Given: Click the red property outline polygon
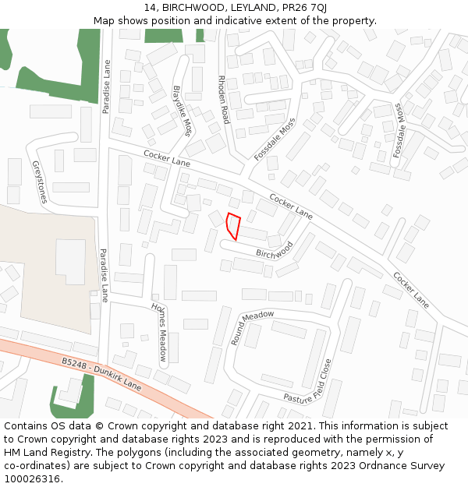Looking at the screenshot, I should (232, 225).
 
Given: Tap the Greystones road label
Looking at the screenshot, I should (39, 182).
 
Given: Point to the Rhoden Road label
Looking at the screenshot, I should (224, 100).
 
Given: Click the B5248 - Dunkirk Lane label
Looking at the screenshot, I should (102, 373).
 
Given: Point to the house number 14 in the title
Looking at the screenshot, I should (149, 8).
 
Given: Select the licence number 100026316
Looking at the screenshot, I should (32, 479).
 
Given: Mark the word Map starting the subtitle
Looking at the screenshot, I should (105, 20).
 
